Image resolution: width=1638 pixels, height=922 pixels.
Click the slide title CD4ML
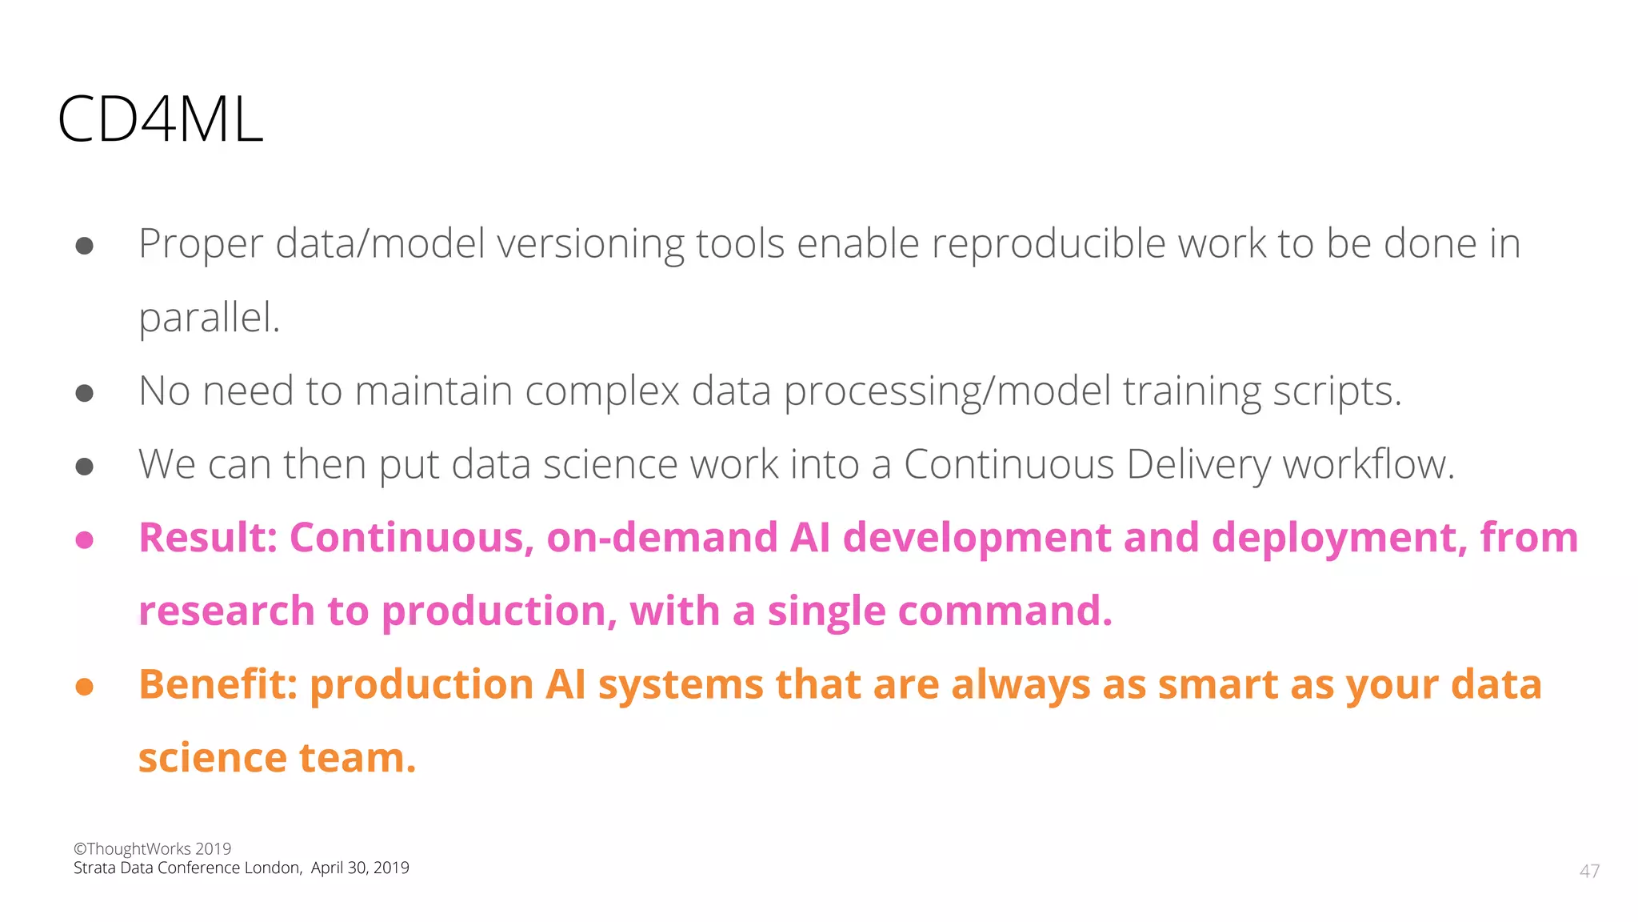coord(160,120)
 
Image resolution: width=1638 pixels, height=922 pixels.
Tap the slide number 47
coord(1589,871)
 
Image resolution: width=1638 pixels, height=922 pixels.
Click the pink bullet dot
coord(85,540)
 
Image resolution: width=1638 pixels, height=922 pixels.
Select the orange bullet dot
coord(85,687)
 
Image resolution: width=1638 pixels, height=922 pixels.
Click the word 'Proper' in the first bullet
coord(201,244)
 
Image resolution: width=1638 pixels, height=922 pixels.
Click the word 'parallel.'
coord(210,318)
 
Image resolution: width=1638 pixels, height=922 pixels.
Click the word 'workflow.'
coord(1368,465)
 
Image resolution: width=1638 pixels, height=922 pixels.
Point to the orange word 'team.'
coord(358,759)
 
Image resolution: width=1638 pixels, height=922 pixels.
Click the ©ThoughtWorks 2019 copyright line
coord(152,848)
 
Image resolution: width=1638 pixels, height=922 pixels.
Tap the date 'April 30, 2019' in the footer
coord(360,868)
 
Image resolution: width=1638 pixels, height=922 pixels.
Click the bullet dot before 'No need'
coord(85,393)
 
